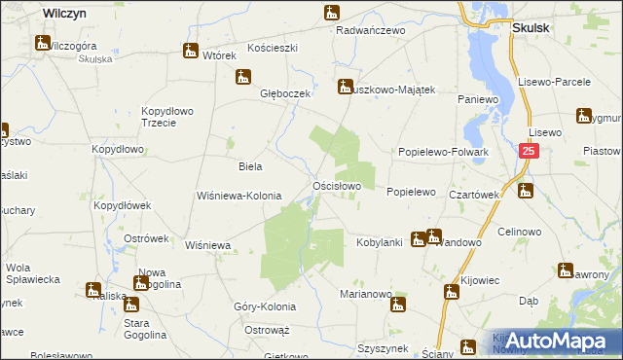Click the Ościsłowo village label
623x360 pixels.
click(337, 185)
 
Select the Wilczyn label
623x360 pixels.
click(66, 12)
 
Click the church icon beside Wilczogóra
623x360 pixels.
click(42, 43)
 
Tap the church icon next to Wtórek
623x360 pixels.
click(190, 51)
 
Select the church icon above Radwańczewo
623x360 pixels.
click(333, 14)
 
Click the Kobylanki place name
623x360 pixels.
click(380, 241)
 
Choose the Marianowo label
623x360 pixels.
click(365, 293)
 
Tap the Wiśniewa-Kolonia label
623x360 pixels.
click(238, 196)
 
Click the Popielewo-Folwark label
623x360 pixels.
click(443, 153)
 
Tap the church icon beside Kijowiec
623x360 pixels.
click(451, 291)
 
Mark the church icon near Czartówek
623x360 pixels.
click(527, 191)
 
